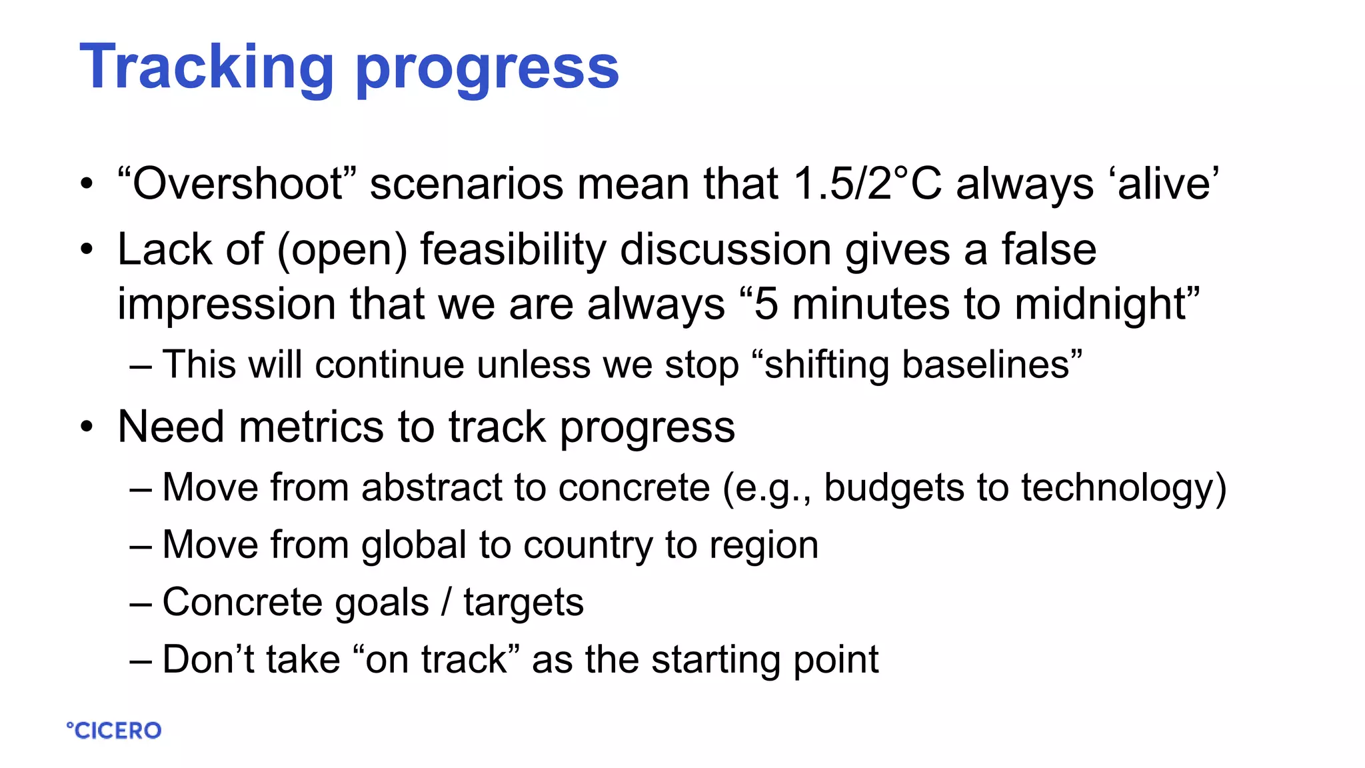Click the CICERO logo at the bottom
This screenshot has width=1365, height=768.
[114, 731]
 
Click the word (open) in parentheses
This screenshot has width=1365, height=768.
[342, 251]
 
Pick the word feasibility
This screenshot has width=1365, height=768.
[513, 251]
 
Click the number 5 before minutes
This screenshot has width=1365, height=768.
[766, 305]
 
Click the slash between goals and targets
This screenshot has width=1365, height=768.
[446, 603]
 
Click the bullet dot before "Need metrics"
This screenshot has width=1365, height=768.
[87, 427]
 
